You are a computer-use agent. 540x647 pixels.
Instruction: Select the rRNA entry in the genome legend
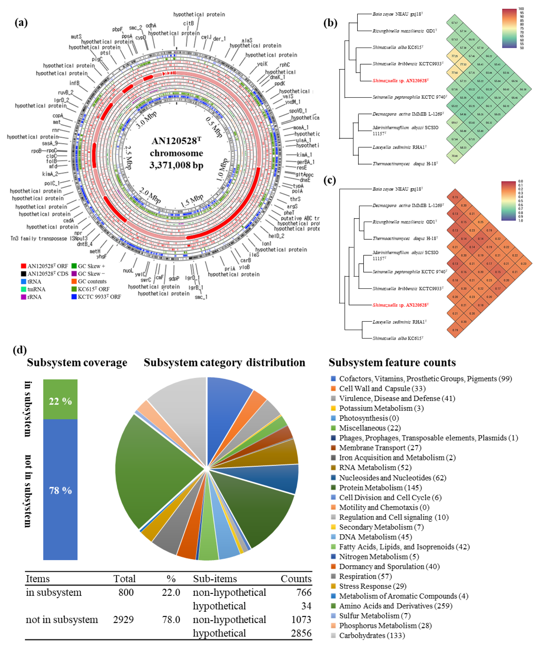pos(34,297)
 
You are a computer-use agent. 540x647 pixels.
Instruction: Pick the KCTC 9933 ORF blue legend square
pos(74,297)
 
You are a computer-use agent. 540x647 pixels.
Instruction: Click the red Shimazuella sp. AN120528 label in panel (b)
pos(400,81)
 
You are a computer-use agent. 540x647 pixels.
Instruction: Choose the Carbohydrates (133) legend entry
pos(367,635)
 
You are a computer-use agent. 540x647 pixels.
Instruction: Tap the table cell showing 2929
pos(123,619)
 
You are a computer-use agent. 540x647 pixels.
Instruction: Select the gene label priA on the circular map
pos(230,269)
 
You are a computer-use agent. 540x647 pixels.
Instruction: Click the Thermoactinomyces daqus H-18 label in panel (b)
pos(405,164)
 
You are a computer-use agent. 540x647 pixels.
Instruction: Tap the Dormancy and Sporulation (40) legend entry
pos(389,566)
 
